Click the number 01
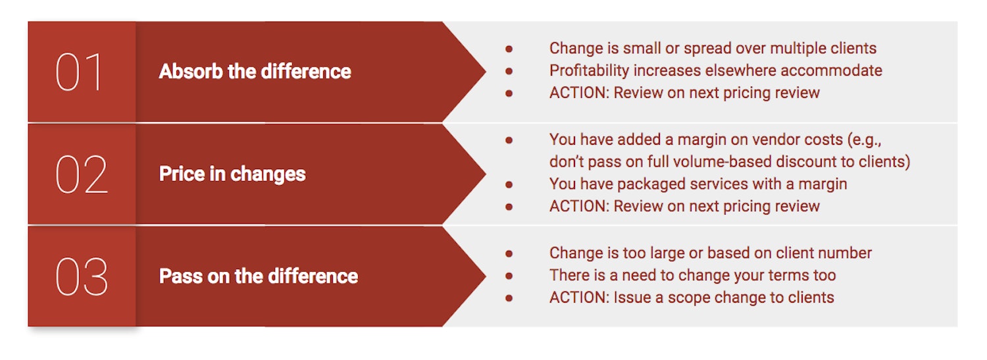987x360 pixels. click(x=80, y=72)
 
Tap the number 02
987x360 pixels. click(x=81, y=174)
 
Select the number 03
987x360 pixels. click(x=82, y=276)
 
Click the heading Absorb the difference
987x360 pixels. click(x=255, y=71)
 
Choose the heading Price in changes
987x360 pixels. click(x=232, y=174)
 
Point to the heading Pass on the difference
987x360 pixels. click(x=258, y=276)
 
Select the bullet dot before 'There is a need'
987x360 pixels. click(x=509, y=276)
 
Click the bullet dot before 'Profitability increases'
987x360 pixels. click(x=509, y=71)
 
